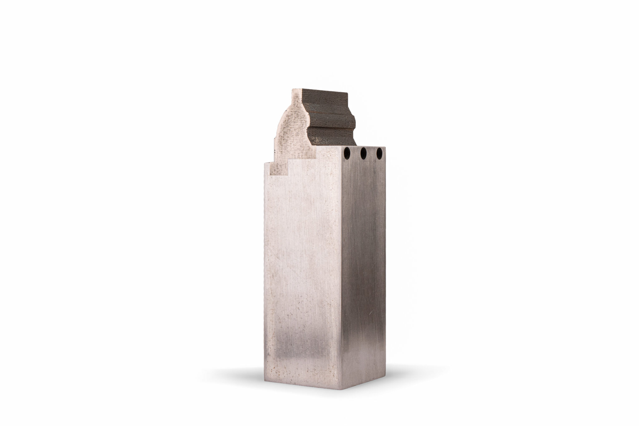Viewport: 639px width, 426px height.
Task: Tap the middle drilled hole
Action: tap(363, 153)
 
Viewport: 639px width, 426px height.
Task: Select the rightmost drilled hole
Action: tap(379, 153)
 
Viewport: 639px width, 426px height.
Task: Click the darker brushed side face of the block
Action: tap(364, 265)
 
